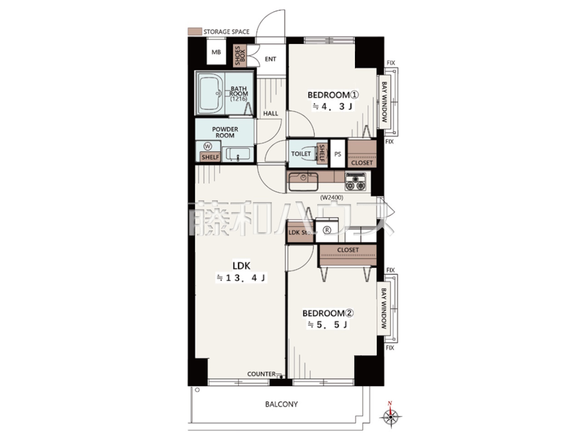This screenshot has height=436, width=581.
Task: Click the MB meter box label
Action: tap(216, 52)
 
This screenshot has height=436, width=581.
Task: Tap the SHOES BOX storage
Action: tap(240, 56)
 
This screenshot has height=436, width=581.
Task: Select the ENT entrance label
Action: tap(270, 59)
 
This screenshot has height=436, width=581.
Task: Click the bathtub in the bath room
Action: tap(211, 93)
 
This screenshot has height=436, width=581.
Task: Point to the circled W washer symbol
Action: tap(208, 146)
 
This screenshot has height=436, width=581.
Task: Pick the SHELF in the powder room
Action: tap(211, 157)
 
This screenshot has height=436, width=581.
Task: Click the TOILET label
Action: tap(300, 154)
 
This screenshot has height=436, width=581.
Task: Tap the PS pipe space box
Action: tap(338, 154)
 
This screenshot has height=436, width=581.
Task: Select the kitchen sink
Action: tap(303, 181)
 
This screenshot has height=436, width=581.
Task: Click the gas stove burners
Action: tap(355, 182)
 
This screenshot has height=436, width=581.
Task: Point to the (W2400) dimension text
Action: tap(331, 198)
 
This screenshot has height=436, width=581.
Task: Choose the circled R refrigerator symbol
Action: tap(327, 230)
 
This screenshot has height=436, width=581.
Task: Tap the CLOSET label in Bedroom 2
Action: tap(348, 250)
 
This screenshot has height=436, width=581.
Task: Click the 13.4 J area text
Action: tap(241, 278)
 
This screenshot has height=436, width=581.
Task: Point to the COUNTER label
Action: tap(261, 374)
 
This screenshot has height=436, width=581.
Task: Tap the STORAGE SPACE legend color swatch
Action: tap(195, 31)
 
